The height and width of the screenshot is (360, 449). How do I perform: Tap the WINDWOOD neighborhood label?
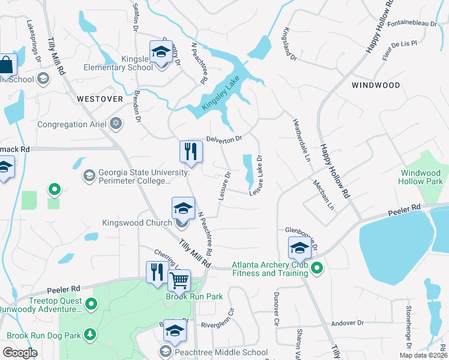click(x=376, y=85)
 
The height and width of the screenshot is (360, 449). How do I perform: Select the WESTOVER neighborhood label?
click(x=100, y=98)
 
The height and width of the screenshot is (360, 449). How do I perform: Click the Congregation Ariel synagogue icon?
click(x=116, y=125)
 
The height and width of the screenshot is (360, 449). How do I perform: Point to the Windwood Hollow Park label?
click(x=421, y=177)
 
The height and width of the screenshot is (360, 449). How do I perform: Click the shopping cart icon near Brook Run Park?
click(x=179, y=280)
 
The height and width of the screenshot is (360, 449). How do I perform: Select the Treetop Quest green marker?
click(x=91, y=305)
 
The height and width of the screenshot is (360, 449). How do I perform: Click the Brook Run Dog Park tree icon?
click(x=90, y=334)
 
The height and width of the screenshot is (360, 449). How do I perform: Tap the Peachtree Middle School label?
click(x=221, y=352)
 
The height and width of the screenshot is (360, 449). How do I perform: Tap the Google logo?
click(x=20, y=353)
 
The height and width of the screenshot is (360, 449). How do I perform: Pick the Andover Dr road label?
click(x=348, y=323)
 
